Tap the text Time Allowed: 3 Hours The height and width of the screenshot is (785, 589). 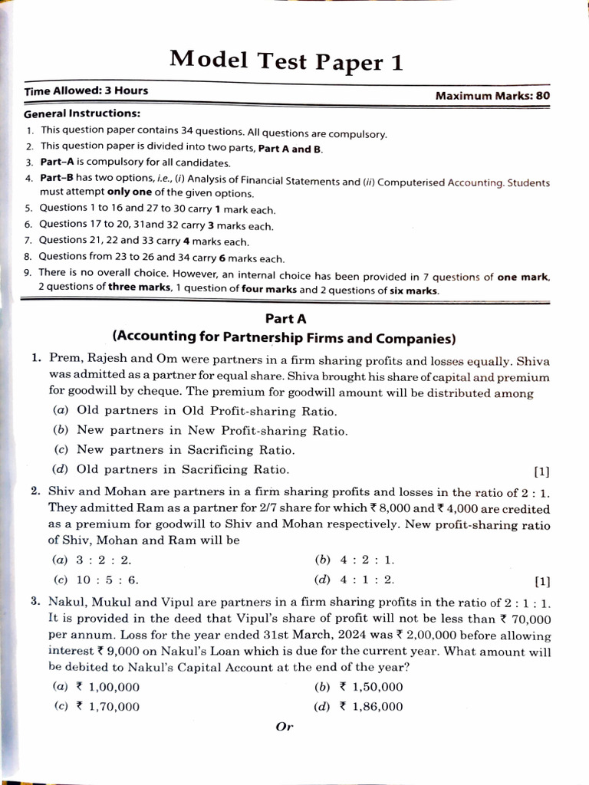86,91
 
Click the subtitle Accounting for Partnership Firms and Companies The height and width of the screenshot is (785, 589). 284,337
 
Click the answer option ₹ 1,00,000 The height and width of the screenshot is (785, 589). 107,687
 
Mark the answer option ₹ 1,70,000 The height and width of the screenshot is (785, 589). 107,707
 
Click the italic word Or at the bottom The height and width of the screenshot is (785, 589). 284,727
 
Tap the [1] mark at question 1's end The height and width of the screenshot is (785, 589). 541,471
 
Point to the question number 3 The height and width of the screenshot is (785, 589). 35,603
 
